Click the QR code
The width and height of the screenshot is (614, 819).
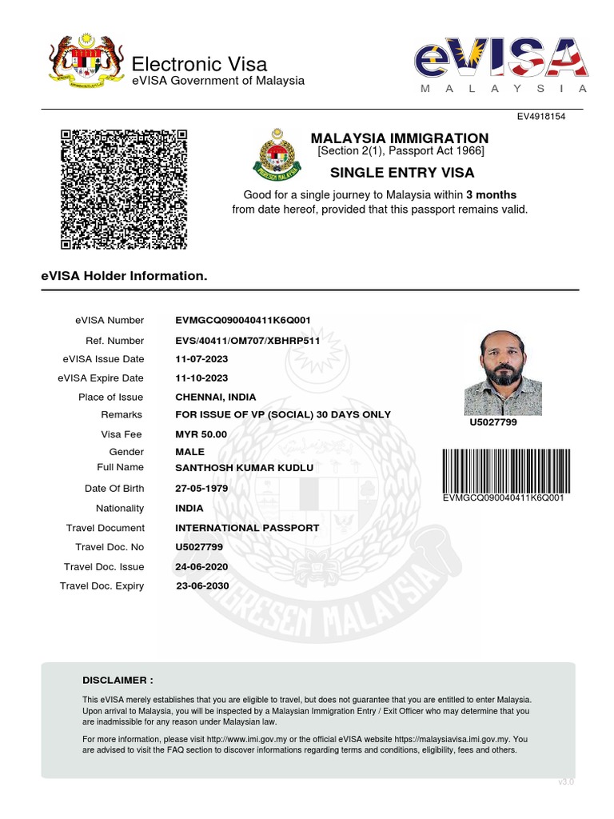124,189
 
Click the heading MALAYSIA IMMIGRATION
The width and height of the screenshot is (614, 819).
399,138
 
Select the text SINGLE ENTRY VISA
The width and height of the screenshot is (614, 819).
402,173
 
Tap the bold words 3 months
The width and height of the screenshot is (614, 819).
492,195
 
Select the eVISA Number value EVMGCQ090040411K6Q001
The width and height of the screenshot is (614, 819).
243,321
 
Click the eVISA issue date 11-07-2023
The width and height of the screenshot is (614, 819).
201,359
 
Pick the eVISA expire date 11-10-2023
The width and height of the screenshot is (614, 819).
201,378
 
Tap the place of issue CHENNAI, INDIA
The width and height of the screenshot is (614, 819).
216,398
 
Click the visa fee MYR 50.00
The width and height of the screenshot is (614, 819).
201,434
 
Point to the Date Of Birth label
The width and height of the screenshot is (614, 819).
114,489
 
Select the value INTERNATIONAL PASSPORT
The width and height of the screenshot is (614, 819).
247,528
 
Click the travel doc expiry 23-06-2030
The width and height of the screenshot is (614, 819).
202,586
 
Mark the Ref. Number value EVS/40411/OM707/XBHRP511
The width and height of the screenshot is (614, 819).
248,341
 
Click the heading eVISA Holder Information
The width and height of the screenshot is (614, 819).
124,276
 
